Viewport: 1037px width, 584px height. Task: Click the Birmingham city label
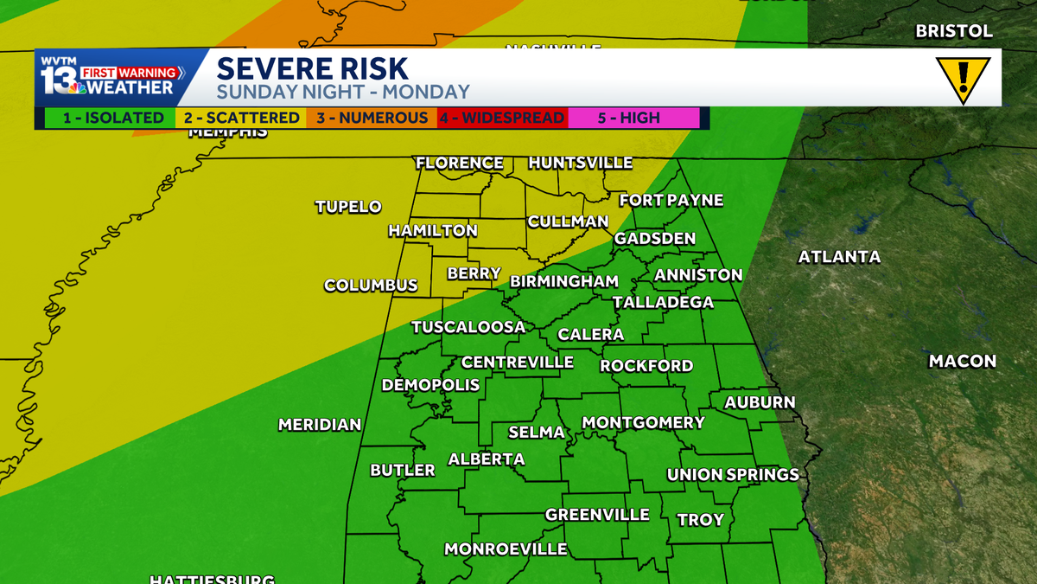pos(564,281)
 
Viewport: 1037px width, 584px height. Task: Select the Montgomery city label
pos(643,423)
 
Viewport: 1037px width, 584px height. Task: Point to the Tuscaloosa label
pos(468,327)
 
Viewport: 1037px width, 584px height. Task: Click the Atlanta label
pos(839,257)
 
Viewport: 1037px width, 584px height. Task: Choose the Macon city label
pos(962,362)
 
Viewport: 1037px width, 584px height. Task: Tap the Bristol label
pos(954,31)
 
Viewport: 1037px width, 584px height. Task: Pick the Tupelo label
pos(348,207)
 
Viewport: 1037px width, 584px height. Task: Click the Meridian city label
pos(320,425)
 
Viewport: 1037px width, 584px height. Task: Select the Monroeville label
pos(506,549)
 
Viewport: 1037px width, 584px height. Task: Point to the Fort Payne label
pos(671,201)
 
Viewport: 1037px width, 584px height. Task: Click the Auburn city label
pos(760,402)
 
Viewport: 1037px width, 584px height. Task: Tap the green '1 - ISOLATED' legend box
pos(105,118)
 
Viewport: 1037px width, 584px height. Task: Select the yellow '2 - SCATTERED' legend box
pos(240,118)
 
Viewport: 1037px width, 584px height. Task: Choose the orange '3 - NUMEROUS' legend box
pos(371,118)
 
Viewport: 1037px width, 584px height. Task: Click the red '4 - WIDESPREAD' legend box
pos(502,118)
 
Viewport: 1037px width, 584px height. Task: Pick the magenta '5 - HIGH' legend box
pos(633,118)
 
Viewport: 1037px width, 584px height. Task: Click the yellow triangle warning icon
pos(963,79)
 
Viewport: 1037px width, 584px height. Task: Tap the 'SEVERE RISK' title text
pos(312,68)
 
